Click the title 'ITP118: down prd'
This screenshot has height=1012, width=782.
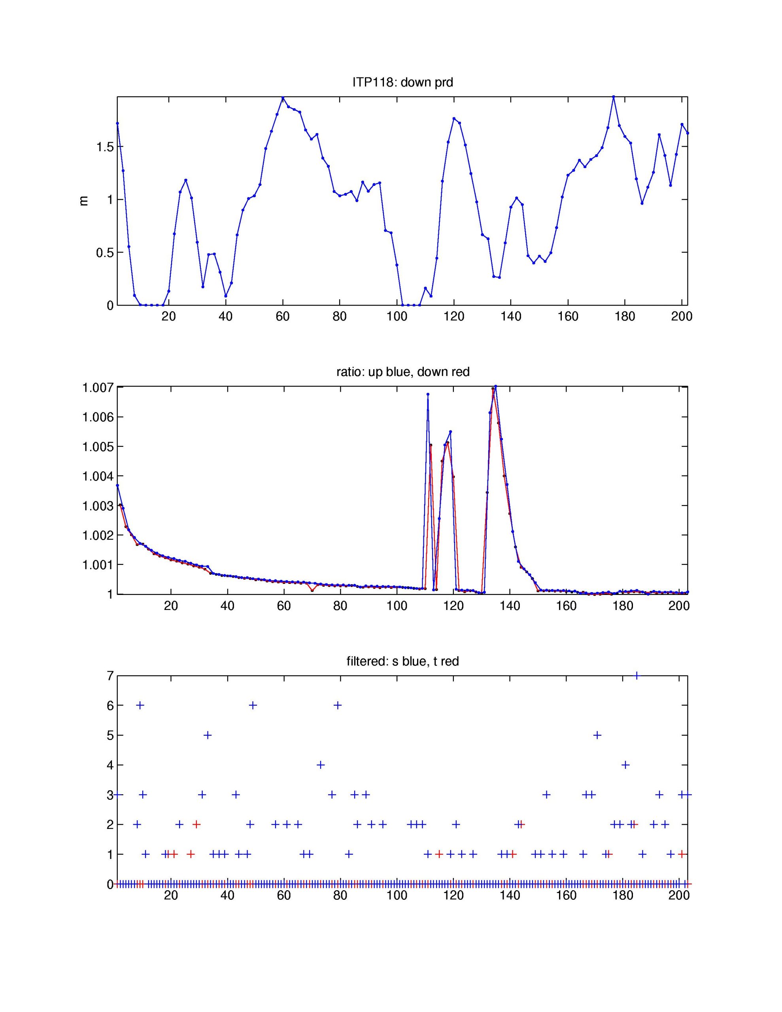click(x=402, y=83)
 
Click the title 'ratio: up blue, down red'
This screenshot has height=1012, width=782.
click(x=403, y=372)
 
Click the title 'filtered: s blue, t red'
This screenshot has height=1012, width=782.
click(x=402, y=661)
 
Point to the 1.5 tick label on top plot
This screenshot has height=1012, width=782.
click(x=104, y=147)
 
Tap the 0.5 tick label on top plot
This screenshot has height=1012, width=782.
click(x=104, y=253)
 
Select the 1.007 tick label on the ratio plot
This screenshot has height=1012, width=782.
click(x=97, y=387)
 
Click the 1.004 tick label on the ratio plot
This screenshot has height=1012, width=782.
click(x=97, y=476)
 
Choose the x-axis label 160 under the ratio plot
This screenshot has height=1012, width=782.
click(x=566, y=606)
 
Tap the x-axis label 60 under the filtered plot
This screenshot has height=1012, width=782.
click(x=284, y=895)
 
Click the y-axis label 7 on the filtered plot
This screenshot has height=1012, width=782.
click(x=110, y=676)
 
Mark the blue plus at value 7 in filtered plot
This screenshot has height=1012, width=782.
click(x=637, y=676)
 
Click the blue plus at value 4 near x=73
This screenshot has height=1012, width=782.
click(x=320, y=765)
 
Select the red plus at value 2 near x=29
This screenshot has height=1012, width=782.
click(x=196, y=824)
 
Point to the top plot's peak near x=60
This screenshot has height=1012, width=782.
click(x=283, y=98)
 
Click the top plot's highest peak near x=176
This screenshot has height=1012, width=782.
click(x=613, y=97)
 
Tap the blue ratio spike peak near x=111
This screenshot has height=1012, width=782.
click(x=428, y=395)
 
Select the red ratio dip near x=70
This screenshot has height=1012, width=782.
click(x=312, y=590)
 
